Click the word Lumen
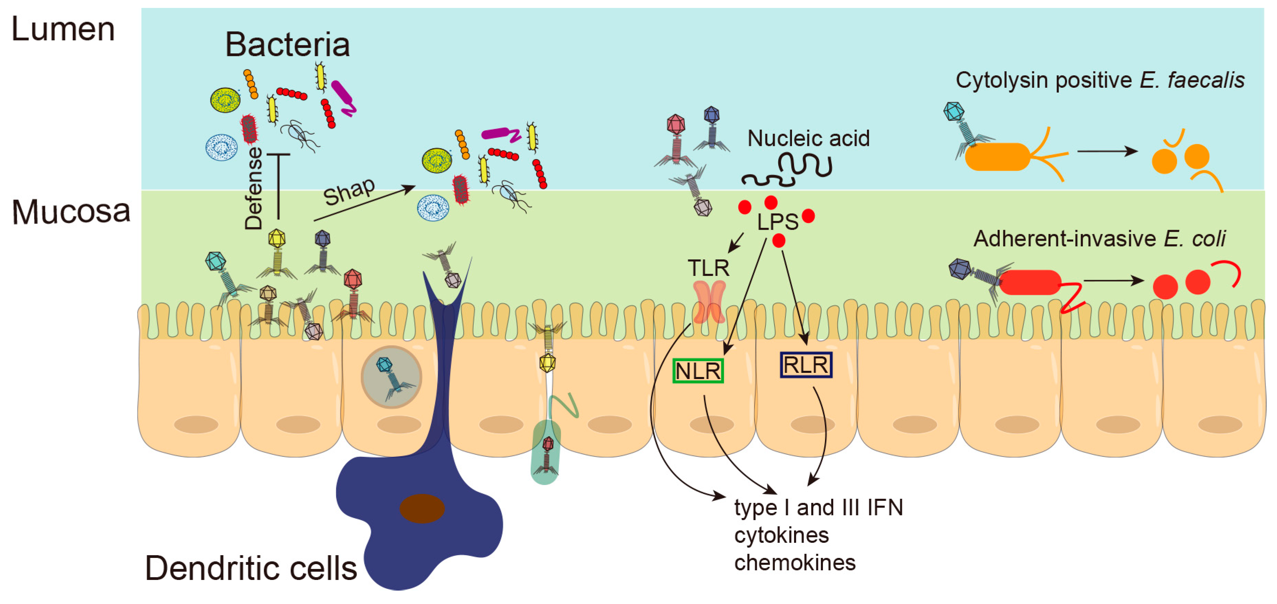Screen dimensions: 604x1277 pyautogui.click(x=63, y=30)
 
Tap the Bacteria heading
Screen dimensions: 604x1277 pyautogui.click(x=287, y=45)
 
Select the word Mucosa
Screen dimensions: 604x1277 pyautogui.click(x=71, y=212)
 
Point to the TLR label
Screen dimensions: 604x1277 pyautogui.click(x=708, y=269)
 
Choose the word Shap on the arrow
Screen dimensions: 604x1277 pyautogui.click(x=350, y=191)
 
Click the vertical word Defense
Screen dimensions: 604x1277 pyautogui.click(x=254, y=188)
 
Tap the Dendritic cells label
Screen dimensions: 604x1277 pyautogui.click(x=251, y=568)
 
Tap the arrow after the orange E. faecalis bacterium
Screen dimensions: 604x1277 pyautogui.click(x=1107, y=151)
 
